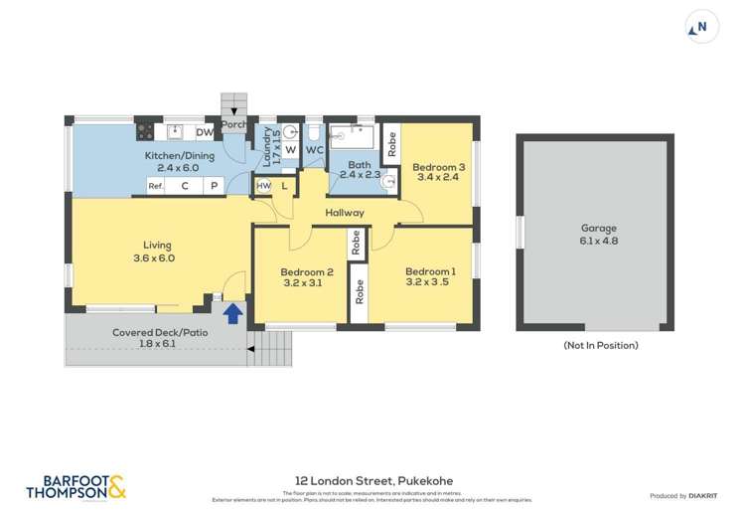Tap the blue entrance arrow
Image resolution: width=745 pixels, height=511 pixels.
232,314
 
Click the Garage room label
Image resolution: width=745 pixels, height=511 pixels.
599,234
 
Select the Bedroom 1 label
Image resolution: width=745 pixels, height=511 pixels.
430,274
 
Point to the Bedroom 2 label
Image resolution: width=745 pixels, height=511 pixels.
306,277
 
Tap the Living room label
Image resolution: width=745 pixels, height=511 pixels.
156,251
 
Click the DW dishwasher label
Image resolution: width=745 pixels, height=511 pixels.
204,132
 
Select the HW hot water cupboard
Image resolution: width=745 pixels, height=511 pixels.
263,186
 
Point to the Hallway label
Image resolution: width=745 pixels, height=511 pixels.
344,213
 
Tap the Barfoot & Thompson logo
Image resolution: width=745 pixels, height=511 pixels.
75,486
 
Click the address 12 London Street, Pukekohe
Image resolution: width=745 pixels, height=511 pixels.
372,479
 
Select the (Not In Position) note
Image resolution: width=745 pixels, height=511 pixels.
600,345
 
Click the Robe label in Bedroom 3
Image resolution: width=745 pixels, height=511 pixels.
391,145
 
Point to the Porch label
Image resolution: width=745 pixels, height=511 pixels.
234,125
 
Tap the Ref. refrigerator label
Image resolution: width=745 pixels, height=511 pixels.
156,186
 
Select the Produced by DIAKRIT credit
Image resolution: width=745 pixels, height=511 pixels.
686,495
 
